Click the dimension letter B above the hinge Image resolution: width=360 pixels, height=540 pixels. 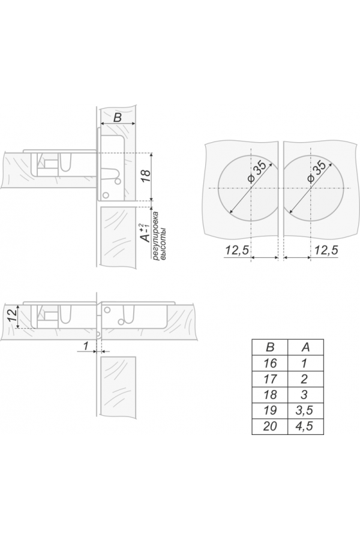118,118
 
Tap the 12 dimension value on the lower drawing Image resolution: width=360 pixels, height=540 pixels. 11,315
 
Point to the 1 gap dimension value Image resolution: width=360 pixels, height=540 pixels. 86,345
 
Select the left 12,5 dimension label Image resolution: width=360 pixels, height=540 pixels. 237,250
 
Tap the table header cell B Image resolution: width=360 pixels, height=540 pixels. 270,347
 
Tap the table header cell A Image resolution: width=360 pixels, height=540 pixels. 305,347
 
